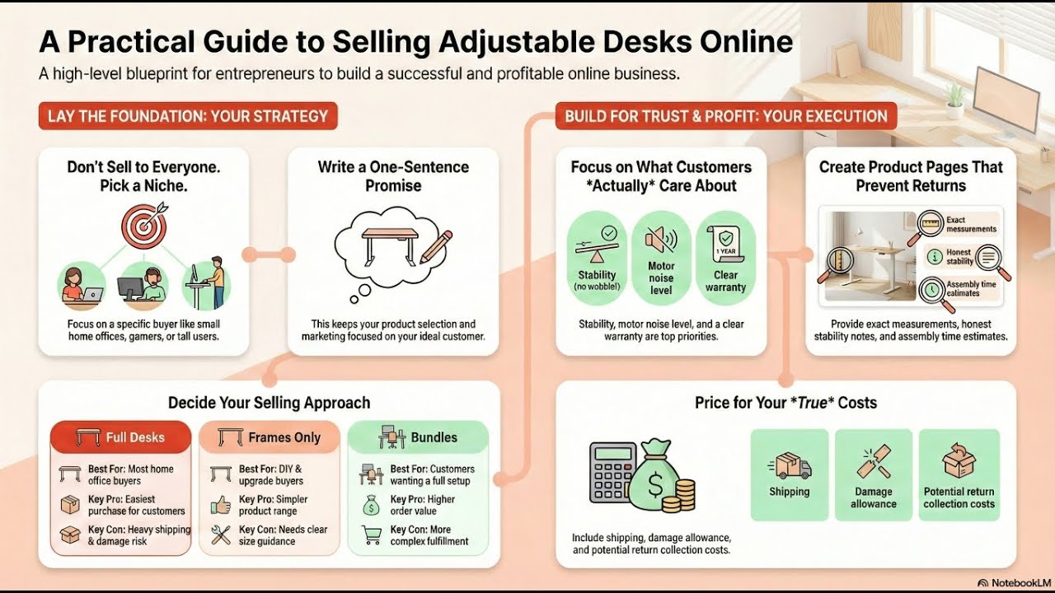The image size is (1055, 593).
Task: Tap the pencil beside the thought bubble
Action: point(436,246)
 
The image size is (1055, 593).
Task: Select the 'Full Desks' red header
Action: point(121,437)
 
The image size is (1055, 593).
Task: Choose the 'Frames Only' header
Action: point(270,437)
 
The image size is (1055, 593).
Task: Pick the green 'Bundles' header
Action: point(418,437)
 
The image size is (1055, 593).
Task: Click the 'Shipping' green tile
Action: point(789,474)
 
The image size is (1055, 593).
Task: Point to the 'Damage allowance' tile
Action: point(874,474)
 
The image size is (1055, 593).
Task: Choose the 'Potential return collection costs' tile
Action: point(959,474)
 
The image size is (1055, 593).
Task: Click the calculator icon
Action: point(612,472)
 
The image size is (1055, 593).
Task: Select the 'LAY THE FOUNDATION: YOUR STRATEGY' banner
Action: point(188,116)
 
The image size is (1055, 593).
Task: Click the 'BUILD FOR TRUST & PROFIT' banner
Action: point(726,116)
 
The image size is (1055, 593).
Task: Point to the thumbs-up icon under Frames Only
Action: point(221,505)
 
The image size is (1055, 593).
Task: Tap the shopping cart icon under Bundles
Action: point(371,535)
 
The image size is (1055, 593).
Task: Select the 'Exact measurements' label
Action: point(971,225)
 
